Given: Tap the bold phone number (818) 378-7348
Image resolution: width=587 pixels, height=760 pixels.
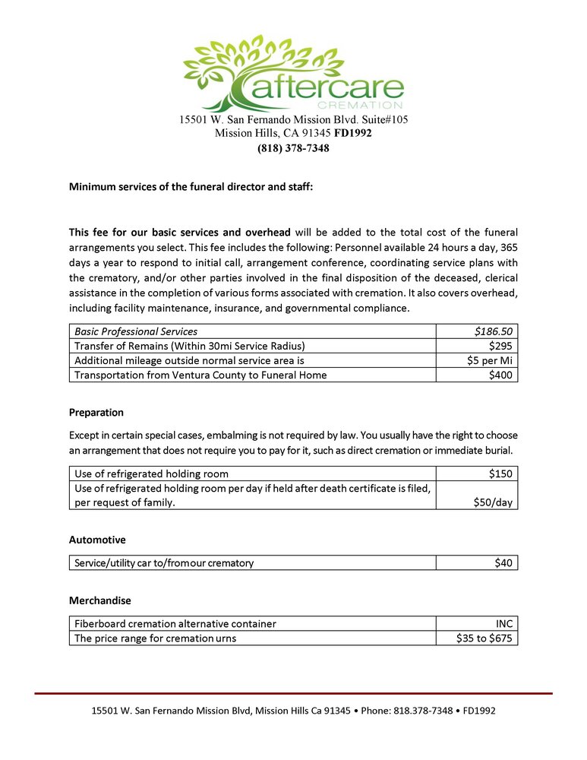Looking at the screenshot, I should [x=293, y=148].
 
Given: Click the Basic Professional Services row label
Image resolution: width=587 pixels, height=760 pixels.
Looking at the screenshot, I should [x=136, y=331].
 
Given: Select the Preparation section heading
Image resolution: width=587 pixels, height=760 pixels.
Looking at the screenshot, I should [x=96, y=413].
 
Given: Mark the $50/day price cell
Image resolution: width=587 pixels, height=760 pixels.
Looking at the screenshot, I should [x=493, y=502].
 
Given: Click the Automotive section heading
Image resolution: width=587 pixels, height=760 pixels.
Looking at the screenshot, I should [x=97, y=540].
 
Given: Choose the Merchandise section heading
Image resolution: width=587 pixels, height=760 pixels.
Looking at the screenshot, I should [x=99, y=600].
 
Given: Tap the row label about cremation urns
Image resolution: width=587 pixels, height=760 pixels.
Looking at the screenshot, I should [x=155, y=638].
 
